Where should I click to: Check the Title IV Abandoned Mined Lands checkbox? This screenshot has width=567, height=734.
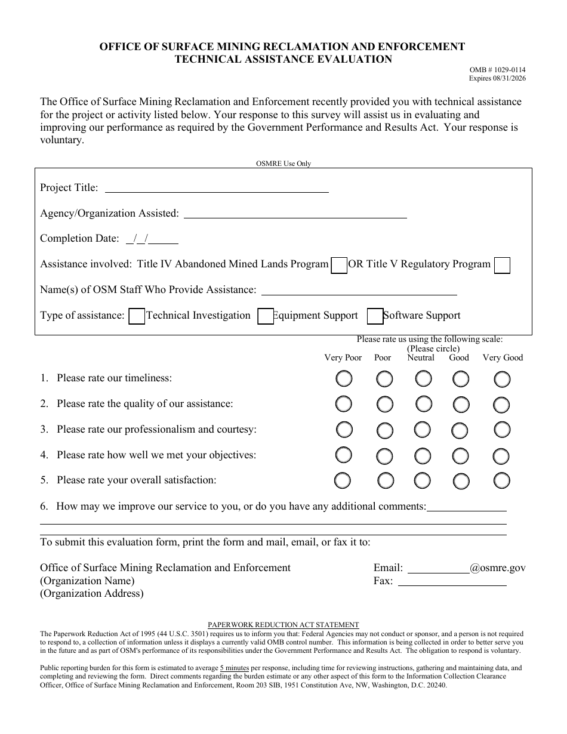(x=339, y=266)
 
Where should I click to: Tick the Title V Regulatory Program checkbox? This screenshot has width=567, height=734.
(x=502, y=266)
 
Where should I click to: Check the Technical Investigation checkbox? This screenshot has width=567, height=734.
(x=137, y=316)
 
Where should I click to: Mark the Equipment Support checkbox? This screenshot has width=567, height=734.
(x=265, y=316)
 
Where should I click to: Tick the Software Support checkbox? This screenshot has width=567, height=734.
(x=375, y=316)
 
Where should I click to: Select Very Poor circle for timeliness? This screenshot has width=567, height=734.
(x=344, y=379)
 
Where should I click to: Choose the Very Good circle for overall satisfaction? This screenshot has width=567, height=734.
(x=502, y=480)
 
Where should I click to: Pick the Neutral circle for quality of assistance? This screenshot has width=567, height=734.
(x=424, y=404)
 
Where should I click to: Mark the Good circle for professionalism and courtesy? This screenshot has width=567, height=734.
(x=460, y=430)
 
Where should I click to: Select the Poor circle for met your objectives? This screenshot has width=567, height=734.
(x=385, y=456)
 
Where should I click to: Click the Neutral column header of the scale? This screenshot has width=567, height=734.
(x=421, y=358)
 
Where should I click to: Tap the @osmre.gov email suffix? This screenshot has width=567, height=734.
(x=498, y=568)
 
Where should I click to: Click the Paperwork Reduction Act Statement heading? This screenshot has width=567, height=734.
(x=283, y=625)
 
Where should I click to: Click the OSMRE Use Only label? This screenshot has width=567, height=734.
(x=283, y=164)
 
